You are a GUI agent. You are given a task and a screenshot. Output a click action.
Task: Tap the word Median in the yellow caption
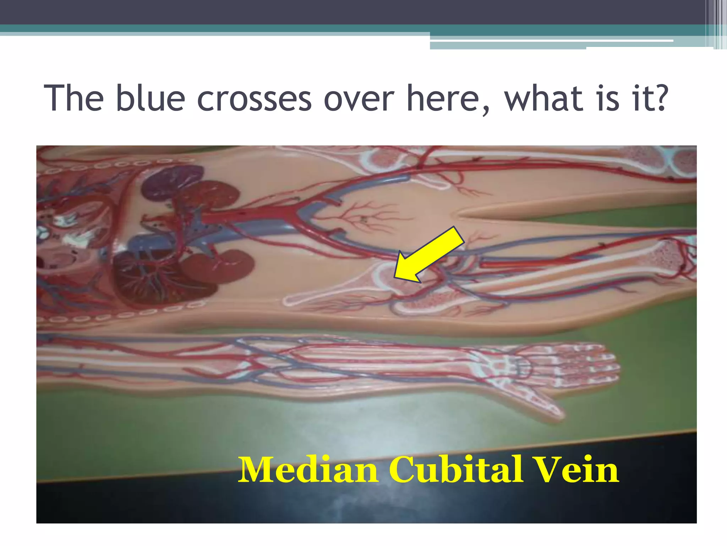tap(308, 470)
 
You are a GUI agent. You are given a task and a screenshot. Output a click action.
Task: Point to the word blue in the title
tap(151, 98)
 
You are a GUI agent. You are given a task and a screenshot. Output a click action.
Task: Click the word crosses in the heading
tap(254, 98)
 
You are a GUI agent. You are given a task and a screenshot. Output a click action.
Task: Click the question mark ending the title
tap(660, 98)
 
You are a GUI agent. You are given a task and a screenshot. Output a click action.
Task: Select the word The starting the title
tap(74, 98)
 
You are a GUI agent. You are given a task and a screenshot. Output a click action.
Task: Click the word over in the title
tap(359, 98)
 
